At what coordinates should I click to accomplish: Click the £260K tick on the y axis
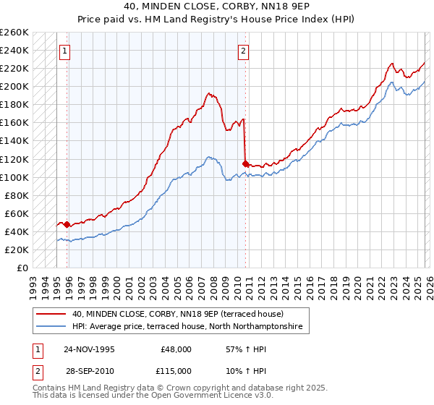point(14,33)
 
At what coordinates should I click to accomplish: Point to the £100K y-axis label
point(14,177)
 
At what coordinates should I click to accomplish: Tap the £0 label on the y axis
point(22,268)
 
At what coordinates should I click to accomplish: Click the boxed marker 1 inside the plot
point(66,51)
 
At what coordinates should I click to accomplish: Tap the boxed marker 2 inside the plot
point(244,51)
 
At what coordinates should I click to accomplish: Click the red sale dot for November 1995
point(67,224)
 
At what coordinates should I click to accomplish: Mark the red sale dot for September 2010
point(245,163)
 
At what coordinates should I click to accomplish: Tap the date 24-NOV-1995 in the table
point(89,349)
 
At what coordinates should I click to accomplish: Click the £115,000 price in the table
point(176,370)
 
